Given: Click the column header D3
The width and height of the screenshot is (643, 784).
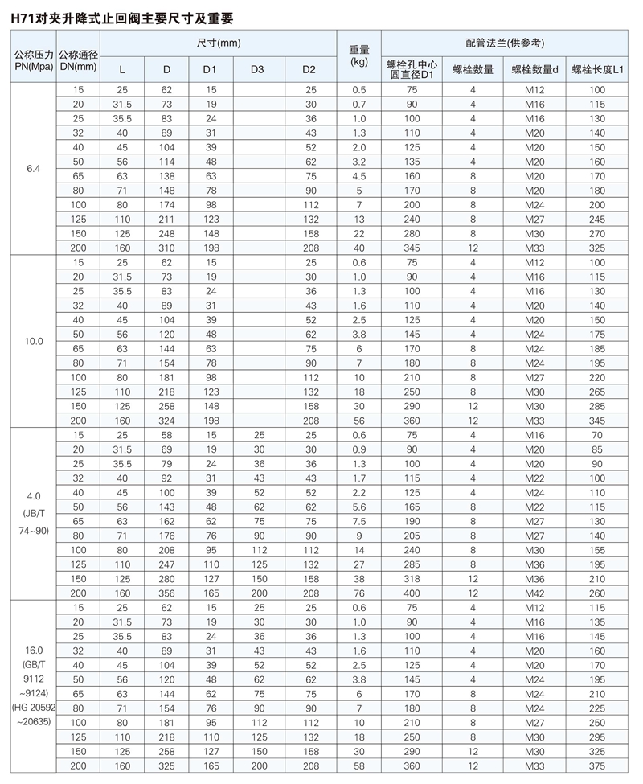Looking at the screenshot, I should pyautogui.click(x=257, y=70).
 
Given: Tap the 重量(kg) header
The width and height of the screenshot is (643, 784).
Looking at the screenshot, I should pyautogui.click(x=358, y=55).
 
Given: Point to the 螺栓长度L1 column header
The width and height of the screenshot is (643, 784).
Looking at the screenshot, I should pyautogui.click(x=596, y=70).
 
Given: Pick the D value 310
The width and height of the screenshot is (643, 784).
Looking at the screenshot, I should pyautogui.click(x=166, y=248).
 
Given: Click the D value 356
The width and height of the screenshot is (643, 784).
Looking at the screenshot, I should pyautogui.click(x=166, y=593).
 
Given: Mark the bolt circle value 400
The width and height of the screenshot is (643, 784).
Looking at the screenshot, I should pyautogui.click(x=412, y=593).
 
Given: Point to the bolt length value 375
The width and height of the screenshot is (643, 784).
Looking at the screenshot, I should pyautogui.click(x=596, y=766).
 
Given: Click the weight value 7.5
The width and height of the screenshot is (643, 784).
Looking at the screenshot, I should pyautogui.click(x=358, y=520).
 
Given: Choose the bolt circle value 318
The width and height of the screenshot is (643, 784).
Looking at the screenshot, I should pyautogui.click(x=412, y=580).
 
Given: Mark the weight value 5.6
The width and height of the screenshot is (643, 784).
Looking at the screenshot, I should pyautogui.click(x=358, y=507).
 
